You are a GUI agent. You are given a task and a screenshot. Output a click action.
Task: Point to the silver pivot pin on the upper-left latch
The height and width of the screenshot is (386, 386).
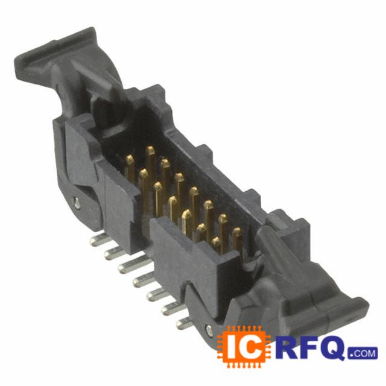click(77, 203)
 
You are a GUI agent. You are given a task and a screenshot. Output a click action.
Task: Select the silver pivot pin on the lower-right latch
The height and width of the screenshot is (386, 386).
click(209, 330)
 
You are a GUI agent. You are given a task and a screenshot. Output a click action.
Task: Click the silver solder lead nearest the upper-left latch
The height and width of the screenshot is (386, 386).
click(100, 239)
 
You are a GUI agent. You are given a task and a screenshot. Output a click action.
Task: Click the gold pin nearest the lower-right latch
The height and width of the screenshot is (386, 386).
click(238, 240)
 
